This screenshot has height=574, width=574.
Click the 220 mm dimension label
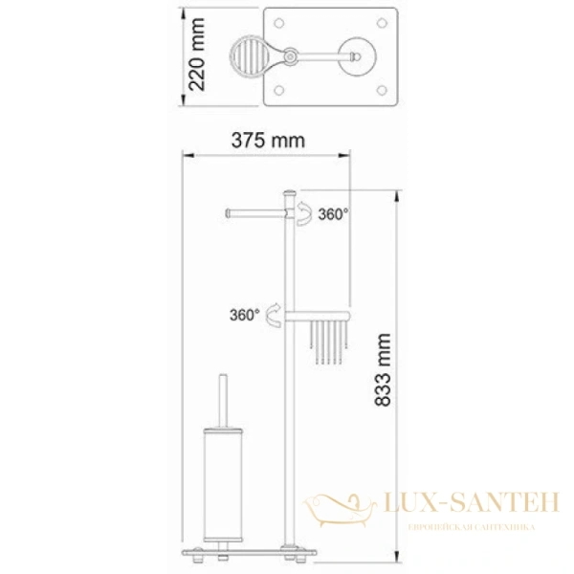(198, 56)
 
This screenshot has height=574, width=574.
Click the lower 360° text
(243, 314)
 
